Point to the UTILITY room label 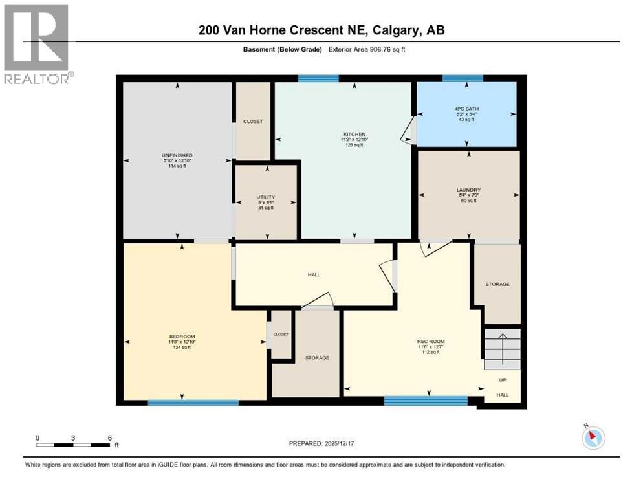tap(265, 197)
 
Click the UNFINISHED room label tap(177, 155)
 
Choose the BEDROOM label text tap(182, 336)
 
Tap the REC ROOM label tap(430, 341)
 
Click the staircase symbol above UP tap(503, 349)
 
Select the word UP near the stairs tap(503, 380)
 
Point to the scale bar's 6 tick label tap(109, 437)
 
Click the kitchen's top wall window tap(318, 79)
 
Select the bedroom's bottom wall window tap(193, 403)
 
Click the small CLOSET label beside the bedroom tap(281, 334)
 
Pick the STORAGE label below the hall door tap(317, 357)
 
